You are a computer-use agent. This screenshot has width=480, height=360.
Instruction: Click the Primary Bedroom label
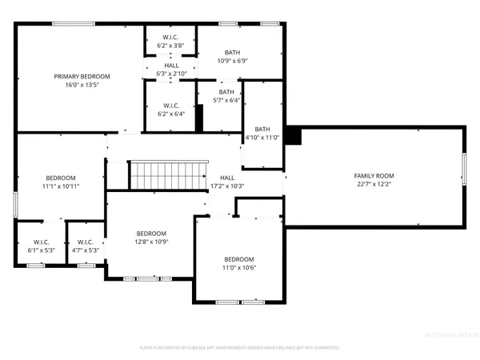(x=82, y=77)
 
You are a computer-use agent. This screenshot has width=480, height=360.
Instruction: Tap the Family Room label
(x=374, y=176)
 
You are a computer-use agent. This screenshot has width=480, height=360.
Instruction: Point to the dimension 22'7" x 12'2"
(x=374, y=185)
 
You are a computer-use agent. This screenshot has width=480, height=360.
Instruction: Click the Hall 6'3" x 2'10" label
(x=171, y=70)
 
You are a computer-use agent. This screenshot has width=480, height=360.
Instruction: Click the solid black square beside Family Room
(x=294, y=136)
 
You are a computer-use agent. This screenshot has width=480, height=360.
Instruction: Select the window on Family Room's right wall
(x=463, y=169)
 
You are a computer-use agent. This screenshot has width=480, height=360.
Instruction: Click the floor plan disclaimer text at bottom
(x=240, y=348)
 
